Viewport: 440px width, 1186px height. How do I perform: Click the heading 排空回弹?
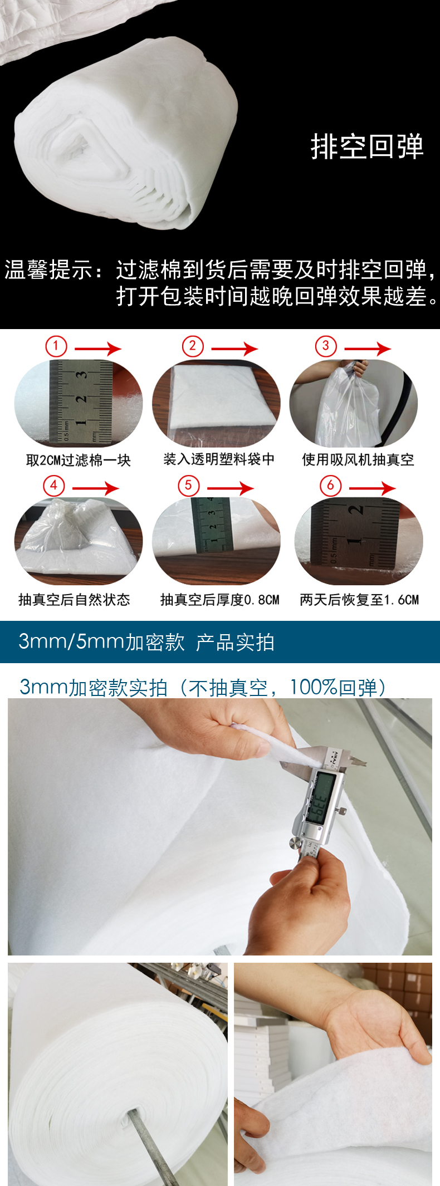tap(367, 147)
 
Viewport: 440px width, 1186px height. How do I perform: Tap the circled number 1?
tap(56, 346)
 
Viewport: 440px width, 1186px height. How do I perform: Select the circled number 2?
tap(193, 346)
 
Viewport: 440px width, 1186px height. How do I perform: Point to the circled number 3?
tap(326, 346)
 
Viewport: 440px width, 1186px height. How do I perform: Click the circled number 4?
tap(54, 486)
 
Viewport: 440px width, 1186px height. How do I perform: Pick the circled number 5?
tap(188, 486)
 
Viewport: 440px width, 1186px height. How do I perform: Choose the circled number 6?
tap(330, 486)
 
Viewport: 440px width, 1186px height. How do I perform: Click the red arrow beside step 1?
tap(98, 349)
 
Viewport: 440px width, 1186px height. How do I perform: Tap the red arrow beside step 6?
tap(372, 488)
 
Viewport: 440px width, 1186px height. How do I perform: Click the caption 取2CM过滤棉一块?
tap(79, 460)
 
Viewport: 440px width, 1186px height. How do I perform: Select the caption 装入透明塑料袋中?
tap(219, 459)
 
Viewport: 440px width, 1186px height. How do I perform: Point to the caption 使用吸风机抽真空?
tap(358, 459)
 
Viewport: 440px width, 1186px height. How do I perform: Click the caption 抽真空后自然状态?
tap(74, 599)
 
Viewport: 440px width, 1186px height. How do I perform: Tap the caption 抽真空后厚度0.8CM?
tap(220, 599)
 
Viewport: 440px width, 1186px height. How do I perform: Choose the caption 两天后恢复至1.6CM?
tap(359, 599)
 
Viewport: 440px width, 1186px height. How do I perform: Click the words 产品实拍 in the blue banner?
tap(235, 642)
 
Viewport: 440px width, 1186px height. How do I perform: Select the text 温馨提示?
tap(48, 270)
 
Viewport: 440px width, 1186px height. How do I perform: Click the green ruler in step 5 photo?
tap(212, 525)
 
